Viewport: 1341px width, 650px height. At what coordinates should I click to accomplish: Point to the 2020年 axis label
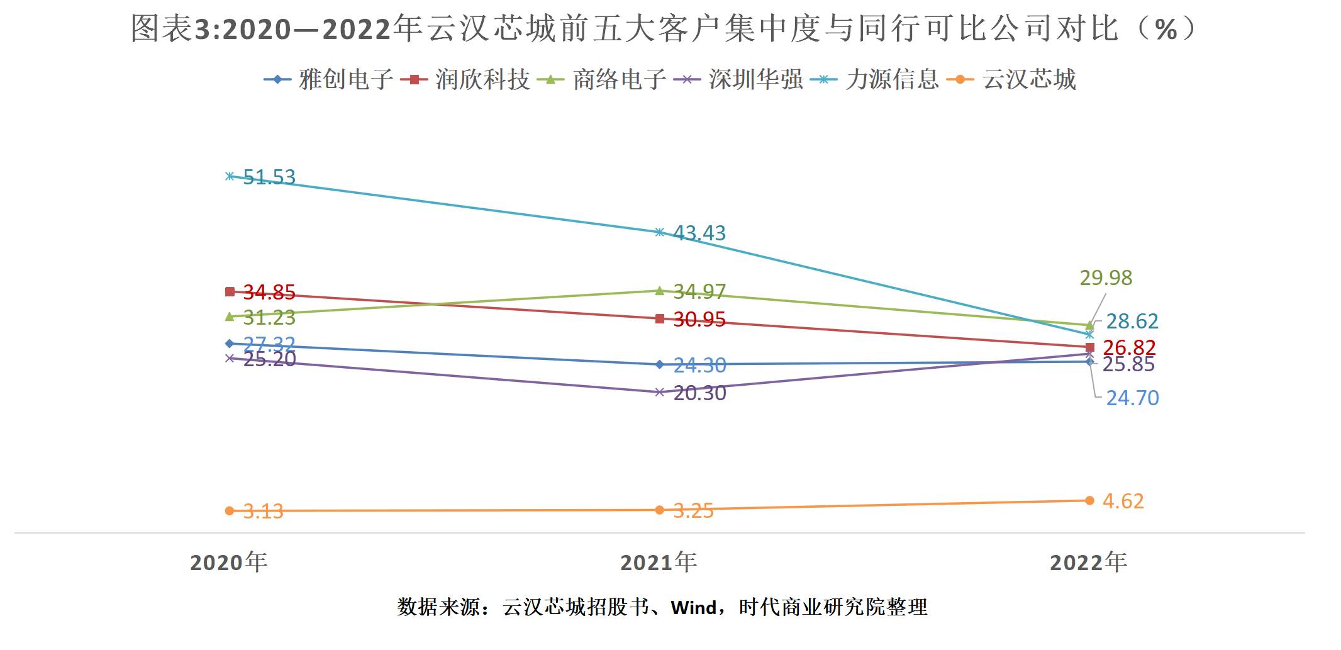coord(229,562)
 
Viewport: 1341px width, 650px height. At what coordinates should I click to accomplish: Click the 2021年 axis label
coord(659,562)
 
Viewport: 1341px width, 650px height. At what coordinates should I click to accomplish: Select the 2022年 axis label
coord(1088,562)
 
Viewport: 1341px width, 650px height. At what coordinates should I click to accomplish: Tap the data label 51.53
coord(269,177)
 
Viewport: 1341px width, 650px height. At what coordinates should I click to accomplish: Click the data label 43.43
coord(699,233)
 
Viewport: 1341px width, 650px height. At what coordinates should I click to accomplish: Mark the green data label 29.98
coord(1106,277)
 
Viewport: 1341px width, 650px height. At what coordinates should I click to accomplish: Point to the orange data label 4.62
coord(1123,502)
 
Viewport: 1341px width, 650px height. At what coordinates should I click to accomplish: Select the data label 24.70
coord(1132,398)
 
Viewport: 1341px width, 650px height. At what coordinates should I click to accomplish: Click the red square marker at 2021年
coord(659,319)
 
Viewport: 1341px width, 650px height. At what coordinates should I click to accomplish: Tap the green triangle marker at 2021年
coord(659,291)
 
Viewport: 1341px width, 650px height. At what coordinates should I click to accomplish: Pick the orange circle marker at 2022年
coord(1089,501)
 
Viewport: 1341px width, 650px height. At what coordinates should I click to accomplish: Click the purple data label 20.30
coord(699,393)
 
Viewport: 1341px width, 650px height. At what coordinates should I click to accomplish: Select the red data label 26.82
coord(1129,347)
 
